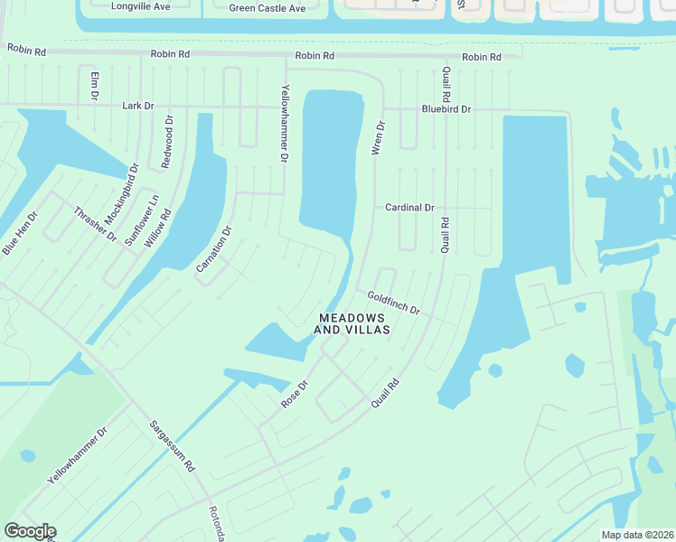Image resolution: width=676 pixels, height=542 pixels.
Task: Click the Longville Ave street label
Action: tap(140, 6)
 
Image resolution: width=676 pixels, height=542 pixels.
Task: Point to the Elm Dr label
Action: tap(93, 86)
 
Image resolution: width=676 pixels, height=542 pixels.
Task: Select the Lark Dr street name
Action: tap(138, 106)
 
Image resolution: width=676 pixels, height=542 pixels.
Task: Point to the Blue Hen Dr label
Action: tap(20, 233)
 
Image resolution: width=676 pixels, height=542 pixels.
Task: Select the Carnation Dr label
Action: tap(214, 248)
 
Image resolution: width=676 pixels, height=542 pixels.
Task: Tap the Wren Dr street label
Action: tap(380, 137)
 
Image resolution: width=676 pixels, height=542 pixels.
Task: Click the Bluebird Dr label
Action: tap(446, 109)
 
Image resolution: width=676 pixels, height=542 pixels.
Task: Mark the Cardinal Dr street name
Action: tap(409, 208)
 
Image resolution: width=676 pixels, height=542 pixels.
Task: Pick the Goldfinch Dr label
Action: tap(393, 303)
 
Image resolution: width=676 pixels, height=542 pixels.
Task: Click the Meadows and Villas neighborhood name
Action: tap(352, 324)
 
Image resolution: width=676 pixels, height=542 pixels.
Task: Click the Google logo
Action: tap(30, 531)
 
